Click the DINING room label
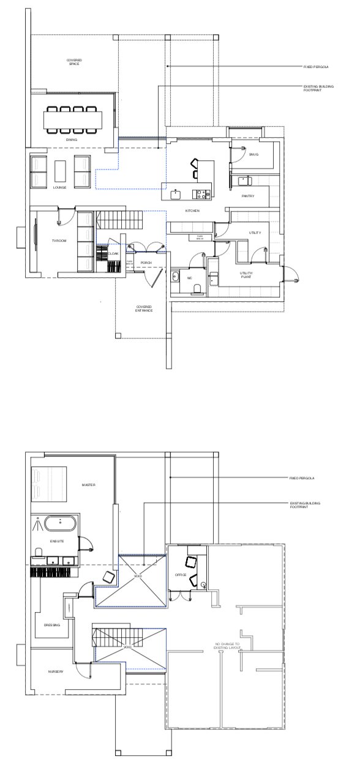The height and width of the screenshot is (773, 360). point(72,140)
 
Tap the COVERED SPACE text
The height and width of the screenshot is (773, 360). point(74,62)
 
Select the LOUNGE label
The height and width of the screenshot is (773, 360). point(59,187)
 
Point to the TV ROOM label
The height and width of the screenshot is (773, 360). point(59,242)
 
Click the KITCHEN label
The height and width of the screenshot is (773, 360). point(193,211)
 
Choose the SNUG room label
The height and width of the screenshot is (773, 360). point(253,154)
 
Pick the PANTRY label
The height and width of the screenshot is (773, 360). point(248,196)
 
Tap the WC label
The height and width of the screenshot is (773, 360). point(190,278)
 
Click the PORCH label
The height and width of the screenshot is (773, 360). point(146,263)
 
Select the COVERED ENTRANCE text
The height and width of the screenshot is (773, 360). point(143,308)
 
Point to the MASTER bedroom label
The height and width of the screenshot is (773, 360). point(89,485)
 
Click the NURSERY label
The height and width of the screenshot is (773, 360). point(56,671)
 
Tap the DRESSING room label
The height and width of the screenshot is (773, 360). point(52,625)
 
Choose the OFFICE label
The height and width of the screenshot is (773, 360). point(181,575)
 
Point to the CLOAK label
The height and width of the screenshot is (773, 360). point(113,253)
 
